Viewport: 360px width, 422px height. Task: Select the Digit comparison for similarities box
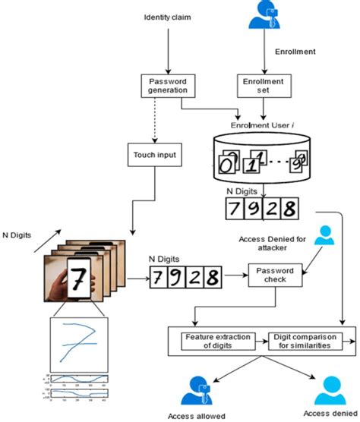tap(305, 340)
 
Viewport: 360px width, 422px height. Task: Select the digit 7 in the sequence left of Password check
tap(157, 276)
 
